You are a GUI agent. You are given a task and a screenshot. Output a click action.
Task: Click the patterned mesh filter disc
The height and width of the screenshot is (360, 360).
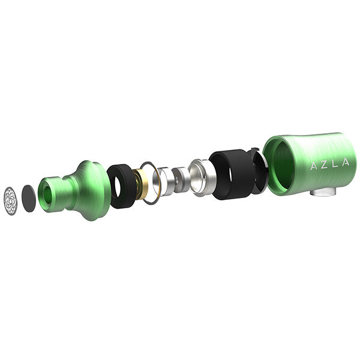pyautogui.click(x=11, y=201)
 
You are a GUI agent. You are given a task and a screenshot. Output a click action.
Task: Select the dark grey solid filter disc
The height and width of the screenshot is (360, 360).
pyautogui.click(x=29, y=199)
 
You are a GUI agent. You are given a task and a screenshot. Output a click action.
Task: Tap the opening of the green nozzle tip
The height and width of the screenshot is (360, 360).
pyautogui.click(x=48, y=195)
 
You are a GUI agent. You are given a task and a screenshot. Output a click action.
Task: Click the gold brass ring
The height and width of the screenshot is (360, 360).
pyautogui.click(x=140, y=184)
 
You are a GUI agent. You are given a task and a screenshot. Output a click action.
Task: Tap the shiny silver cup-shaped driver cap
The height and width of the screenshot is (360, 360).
pyautogui.click(x=200, y=177)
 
